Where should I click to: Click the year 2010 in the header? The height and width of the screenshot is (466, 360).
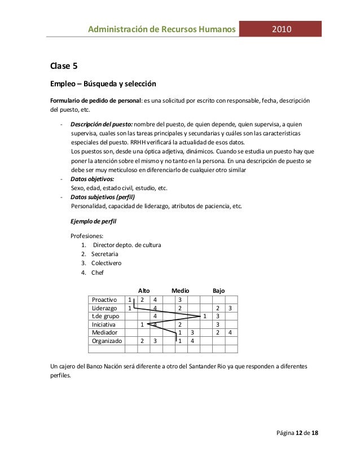click(x=281, y=29)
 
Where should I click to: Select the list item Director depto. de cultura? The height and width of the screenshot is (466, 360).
click(x=128, y=245)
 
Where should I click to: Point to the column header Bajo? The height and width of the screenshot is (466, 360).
click(x=218, y=291)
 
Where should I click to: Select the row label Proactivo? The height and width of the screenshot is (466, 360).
click(x=104, y=300)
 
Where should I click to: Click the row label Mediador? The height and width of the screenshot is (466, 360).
click(x=104, y=333)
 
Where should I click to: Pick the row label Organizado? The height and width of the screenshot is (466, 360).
click(x=106, y=341)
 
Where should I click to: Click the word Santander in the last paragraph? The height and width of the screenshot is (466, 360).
click(x=203, y=366)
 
